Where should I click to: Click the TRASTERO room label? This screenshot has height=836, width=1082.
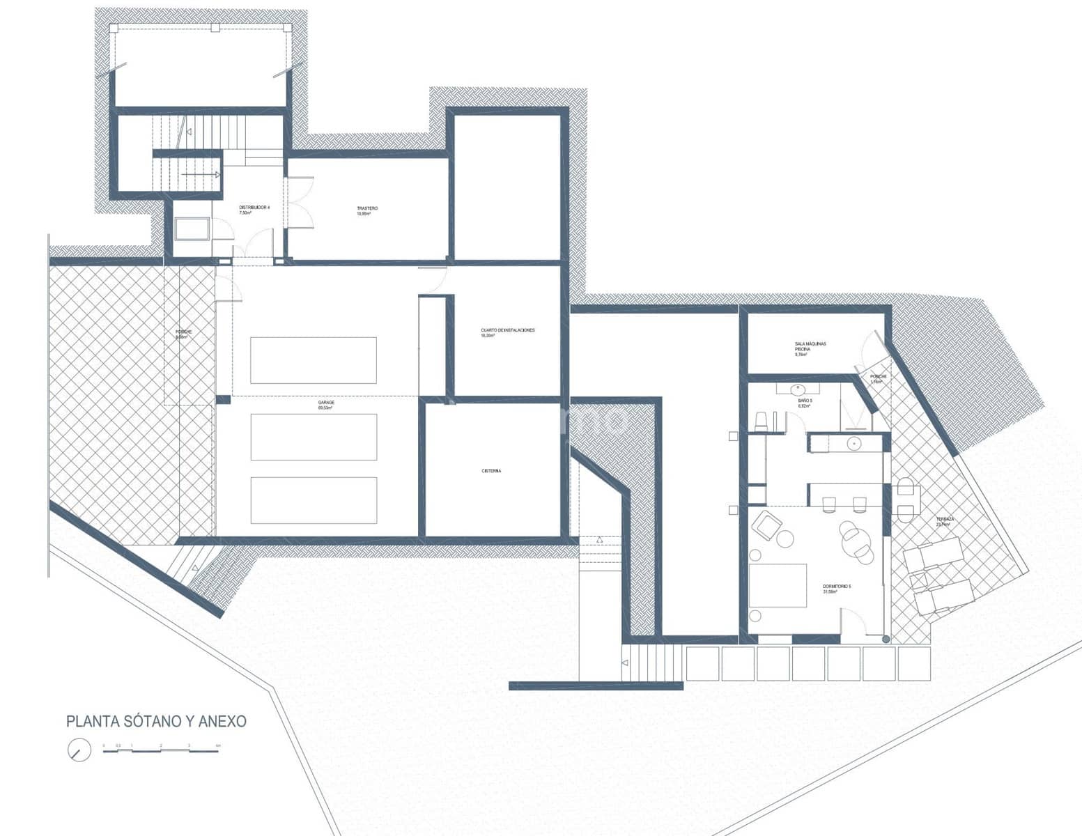pyautogui.click(x=367, y=210)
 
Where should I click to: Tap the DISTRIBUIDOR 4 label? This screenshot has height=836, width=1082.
pyautogui.click(x=254, y=210)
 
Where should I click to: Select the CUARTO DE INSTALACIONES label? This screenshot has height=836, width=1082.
pyautogui.click(x=507, y=332)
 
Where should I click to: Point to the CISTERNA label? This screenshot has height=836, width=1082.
pyautogui.click(x=490, y=471)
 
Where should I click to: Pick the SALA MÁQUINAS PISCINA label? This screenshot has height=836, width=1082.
pyautogui.click(x=810, y=348)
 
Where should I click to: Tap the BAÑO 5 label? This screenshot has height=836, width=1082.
pyautogui.click(x=805, y=403)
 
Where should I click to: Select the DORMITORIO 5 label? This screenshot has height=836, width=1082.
pyautogui.click(x=837, y=589)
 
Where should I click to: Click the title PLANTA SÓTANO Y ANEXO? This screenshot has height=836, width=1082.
pyautogui.click(x=156, y=722)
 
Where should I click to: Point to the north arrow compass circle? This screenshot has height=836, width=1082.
pyautogui.click(x=79, y=750)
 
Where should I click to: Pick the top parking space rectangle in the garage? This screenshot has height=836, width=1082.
pyautogui.click(x=314, y=360)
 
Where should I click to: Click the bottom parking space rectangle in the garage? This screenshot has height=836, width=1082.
pyautogui.click(x=314, y=500)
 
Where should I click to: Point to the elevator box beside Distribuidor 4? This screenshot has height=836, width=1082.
pyautogui.click(x=192, y=229)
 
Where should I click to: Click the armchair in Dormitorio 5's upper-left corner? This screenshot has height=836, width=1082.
pyautogui.click(x=766, y=524)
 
